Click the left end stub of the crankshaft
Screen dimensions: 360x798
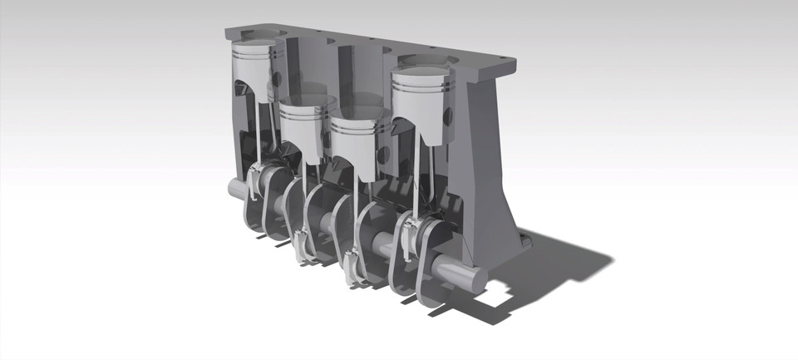tap(239, 189)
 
